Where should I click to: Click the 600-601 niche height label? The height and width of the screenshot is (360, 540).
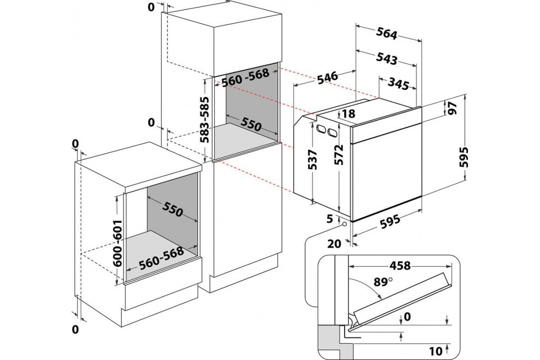pyautogui.click(x=117, y=243)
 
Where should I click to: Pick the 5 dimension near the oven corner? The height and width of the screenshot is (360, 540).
pyautogui.click(x=329, y=219)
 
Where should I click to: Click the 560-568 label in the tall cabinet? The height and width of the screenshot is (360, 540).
pyautogui.click(x=246, y=77)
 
